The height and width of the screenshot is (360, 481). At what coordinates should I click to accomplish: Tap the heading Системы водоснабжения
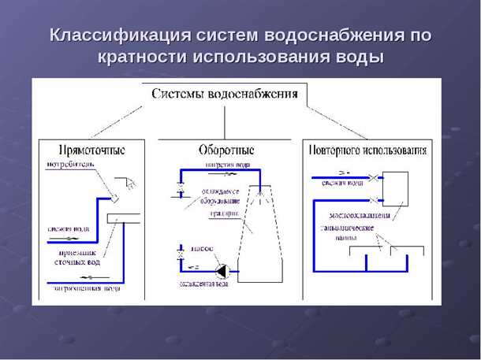coord(225,95)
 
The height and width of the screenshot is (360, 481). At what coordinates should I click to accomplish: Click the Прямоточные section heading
coord(91,149)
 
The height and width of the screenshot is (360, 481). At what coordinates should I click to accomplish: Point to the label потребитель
coord(69,165)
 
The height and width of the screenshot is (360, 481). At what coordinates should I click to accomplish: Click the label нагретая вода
coord(227,165)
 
